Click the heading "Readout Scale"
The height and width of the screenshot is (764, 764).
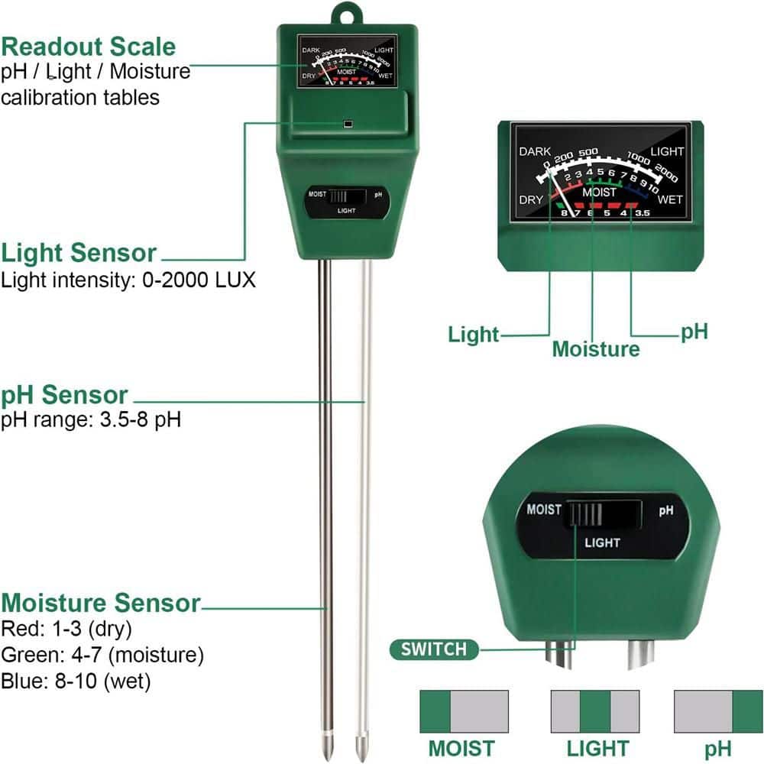point(89,47)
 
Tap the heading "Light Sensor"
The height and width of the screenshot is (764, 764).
point(79,253)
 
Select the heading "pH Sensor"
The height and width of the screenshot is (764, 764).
point(64,395)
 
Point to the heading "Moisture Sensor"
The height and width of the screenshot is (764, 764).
point(100,603)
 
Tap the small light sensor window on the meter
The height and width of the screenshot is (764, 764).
point(348,123)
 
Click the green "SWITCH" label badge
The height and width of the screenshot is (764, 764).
point(433,649)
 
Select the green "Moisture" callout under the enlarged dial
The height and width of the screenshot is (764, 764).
point(596,349)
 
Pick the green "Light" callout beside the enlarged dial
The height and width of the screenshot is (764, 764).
point(473,334)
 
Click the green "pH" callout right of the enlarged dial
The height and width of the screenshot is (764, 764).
point(694,332)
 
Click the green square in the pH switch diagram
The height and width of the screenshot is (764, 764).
point(748,711)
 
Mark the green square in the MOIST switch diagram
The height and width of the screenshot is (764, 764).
point(435,711)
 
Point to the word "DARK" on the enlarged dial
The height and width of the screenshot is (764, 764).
point(534,152)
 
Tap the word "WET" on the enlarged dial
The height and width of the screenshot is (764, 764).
point(670,200)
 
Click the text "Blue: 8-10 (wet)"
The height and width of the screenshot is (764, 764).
point(76,681)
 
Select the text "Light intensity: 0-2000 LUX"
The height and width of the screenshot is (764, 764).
point(128,280)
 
